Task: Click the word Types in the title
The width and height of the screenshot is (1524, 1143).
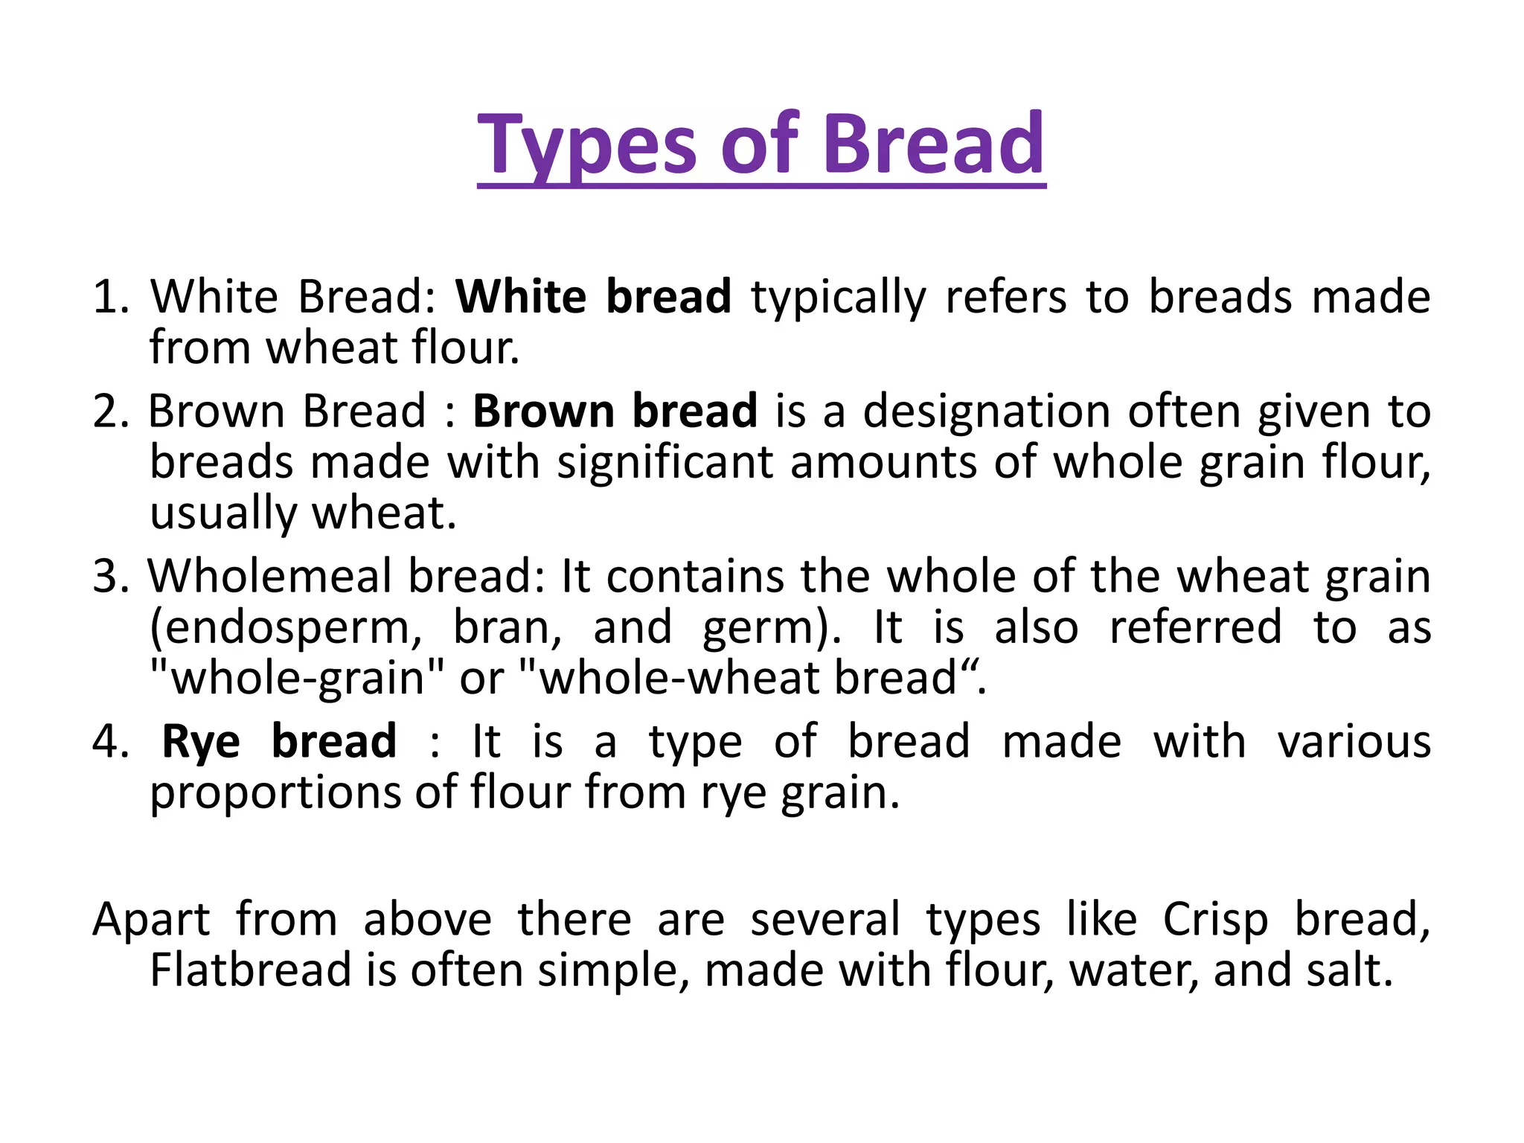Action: (586, 145)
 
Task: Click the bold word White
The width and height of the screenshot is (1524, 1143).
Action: (520, 297)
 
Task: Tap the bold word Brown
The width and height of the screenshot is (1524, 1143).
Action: (542, 411)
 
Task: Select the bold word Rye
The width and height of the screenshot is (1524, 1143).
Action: (201, 743)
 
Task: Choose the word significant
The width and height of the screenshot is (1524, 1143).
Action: (665, 464)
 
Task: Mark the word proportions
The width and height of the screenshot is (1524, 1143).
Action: (275, 793)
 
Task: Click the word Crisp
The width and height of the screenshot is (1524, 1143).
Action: (1215, 921)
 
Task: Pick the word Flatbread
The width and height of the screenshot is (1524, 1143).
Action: (250, 970)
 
